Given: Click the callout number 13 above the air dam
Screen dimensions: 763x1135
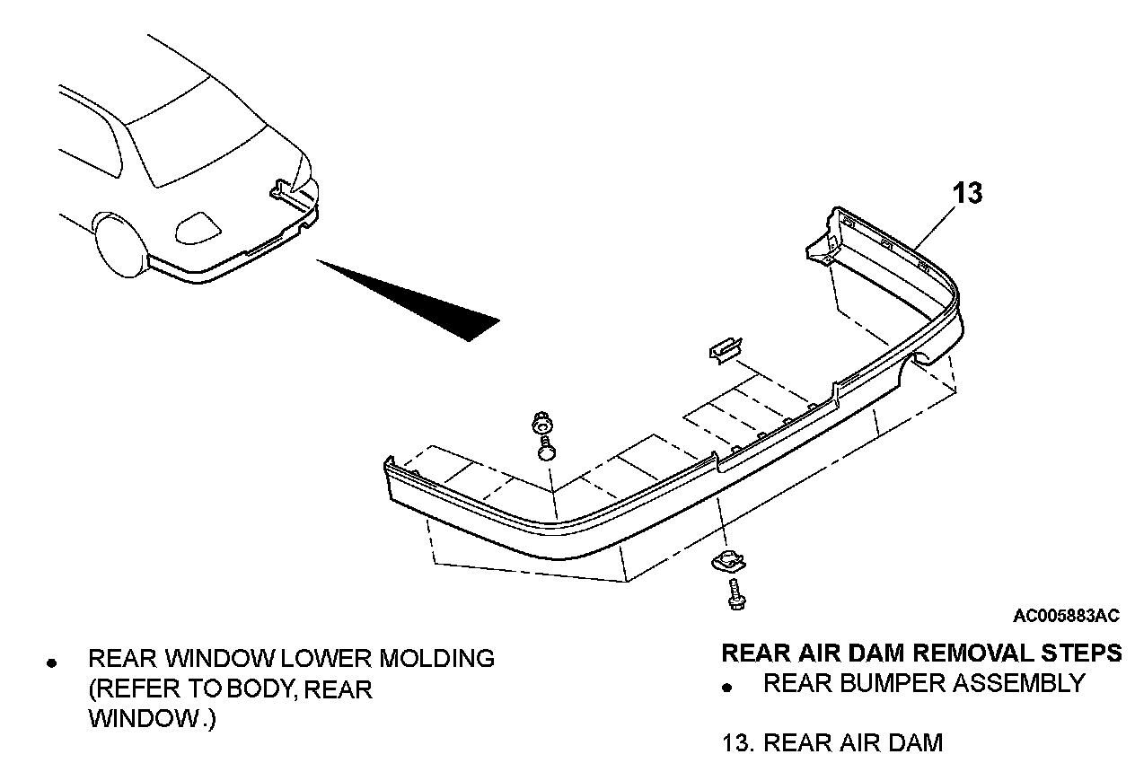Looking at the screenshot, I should point(967,193).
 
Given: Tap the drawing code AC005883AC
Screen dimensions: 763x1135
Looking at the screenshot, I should point(1066,616).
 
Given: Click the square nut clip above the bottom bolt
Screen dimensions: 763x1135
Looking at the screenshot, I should point(726,563).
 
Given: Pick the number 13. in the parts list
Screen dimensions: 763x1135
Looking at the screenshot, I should point(738,743).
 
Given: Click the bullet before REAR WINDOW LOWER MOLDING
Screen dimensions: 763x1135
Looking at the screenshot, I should point(52,664).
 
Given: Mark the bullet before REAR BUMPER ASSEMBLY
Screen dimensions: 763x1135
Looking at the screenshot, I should point(730,688).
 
